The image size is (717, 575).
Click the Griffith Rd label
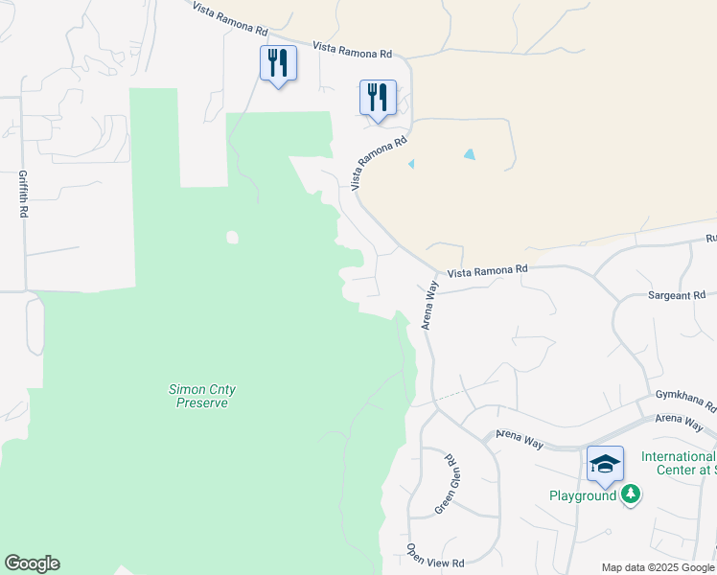(22, 195)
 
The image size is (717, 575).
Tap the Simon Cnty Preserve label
(202, 396)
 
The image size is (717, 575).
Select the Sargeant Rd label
(676, 294)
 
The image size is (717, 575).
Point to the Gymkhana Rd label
(685, 400)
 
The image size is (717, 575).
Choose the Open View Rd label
(434, 554)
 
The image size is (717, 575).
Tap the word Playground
(583, 495)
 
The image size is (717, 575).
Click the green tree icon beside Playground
(630, 494)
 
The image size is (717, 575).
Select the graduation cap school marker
(605, 465)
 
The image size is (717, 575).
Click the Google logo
(32, 563)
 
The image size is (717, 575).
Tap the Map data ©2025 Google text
(658, 567)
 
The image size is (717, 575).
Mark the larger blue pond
(469, 153)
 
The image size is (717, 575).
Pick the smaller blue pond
(411, 164)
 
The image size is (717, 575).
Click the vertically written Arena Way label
(430, 306)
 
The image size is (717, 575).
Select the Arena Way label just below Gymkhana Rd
(680, 419)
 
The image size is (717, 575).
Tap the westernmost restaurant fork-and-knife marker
(278, 63)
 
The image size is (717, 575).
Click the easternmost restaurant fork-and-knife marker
(378, 97)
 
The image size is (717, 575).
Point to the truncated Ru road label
(710, 237)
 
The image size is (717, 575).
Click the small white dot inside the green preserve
(230, 237)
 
